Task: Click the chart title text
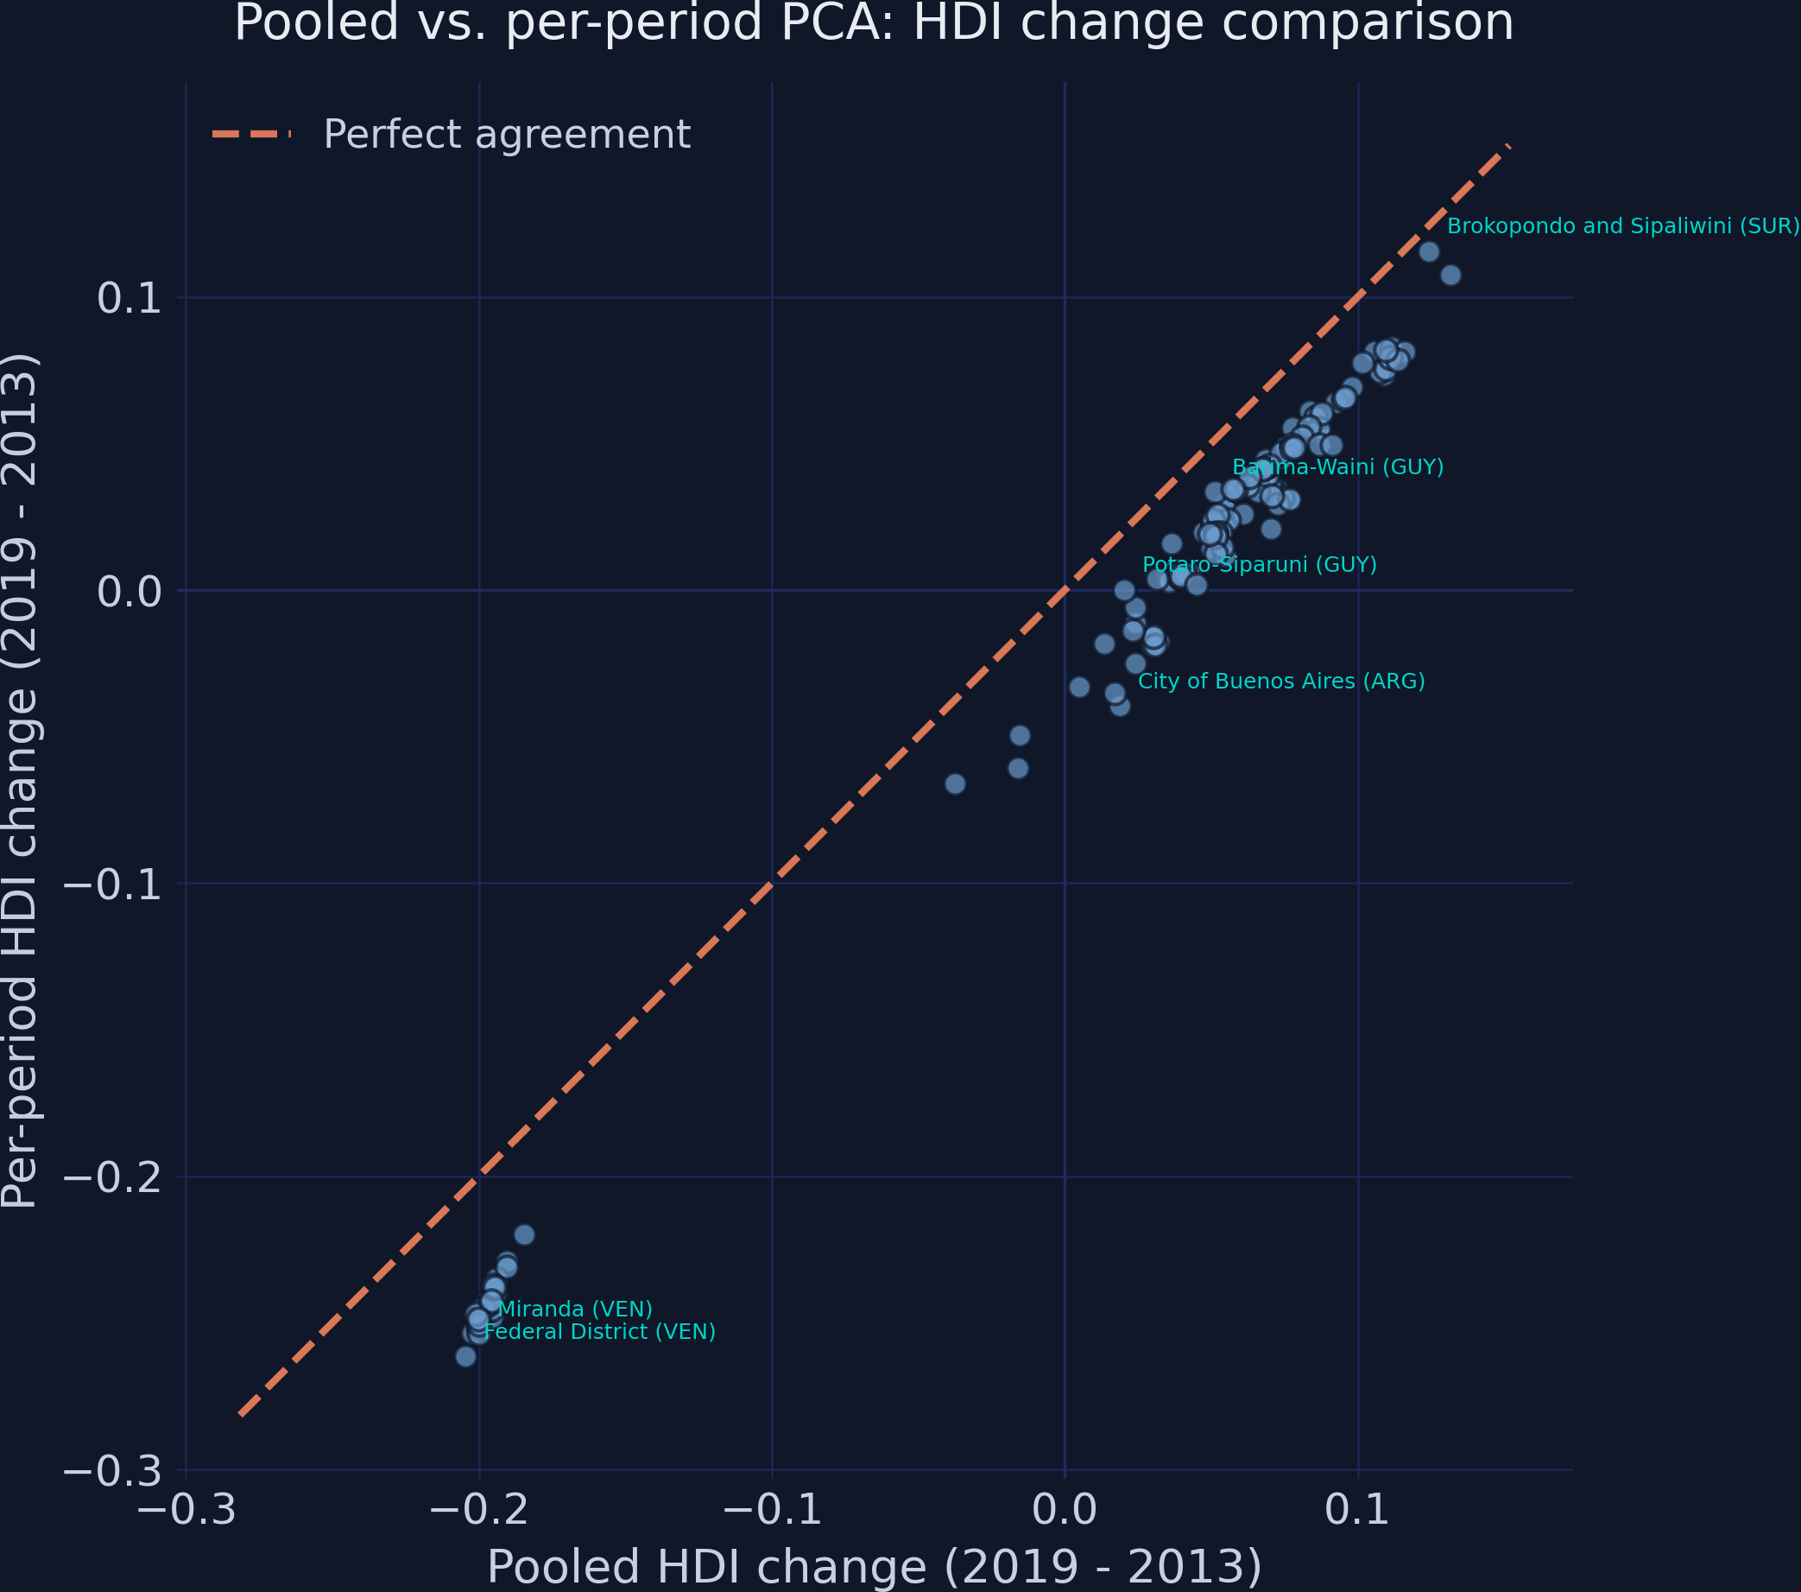click(873, 24)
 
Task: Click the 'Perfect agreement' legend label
click(507, 135)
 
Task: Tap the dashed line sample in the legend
click(251, 135)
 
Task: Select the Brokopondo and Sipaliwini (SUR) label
click(1623, 226)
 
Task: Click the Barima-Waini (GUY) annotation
click(1337, 467)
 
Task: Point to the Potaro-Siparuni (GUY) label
click(1259, 565)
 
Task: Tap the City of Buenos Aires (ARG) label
click(1281, 682)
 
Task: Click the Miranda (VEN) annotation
click(574, 1309)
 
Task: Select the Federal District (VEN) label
click(599, 1332)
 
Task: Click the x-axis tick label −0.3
click(186, 1510)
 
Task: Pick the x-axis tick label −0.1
click(772, 1510)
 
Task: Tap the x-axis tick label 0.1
click(1358, 1510)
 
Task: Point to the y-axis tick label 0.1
click(130, 300)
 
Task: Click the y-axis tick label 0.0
click(130, 593)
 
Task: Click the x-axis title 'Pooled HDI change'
click(873, 1566)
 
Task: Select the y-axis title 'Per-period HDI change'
click(19, 781)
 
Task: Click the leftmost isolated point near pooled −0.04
click(954, 783)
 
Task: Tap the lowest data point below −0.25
click(465, 1356)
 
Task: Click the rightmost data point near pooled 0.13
click(1450, 275)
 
